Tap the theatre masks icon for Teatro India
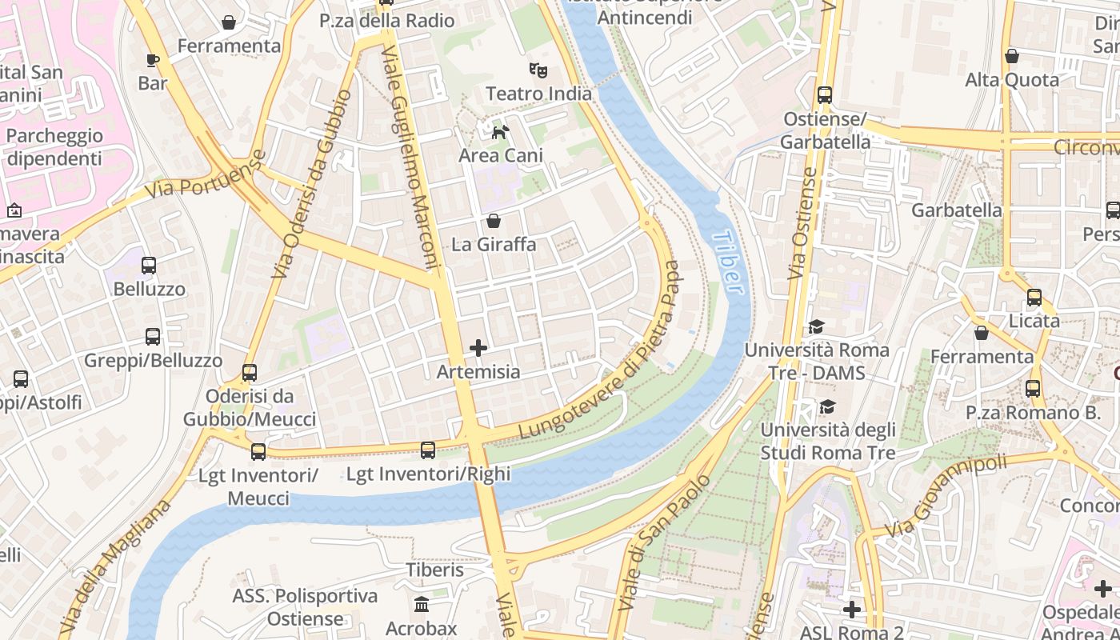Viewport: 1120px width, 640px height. [x=538, y=70]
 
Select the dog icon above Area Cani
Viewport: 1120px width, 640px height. [x=500, y=132]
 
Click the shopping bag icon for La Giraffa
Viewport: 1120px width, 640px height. [x=494, y=221]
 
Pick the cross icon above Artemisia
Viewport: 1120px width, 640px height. [x=478, y=348]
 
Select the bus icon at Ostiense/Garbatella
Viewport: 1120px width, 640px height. [x=825, y=95]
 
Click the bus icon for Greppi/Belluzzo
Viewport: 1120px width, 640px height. [x=153, y=338]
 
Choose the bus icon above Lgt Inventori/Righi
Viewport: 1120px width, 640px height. [x=428, y=450]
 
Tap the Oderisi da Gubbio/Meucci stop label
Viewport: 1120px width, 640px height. [x=250, y=407]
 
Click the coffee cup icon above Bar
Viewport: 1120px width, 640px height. [x=153, y=60]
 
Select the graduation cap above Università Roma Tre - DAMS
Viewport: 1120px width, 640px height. [x=816, y=327]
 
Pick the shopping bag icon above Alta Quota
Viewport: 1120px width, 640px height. [x=1012, y=56]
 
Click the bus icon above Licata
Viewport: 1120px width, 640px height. [x=1034, y=298]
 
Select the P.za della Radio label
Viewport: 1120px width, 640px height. [x=387, y=21]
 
